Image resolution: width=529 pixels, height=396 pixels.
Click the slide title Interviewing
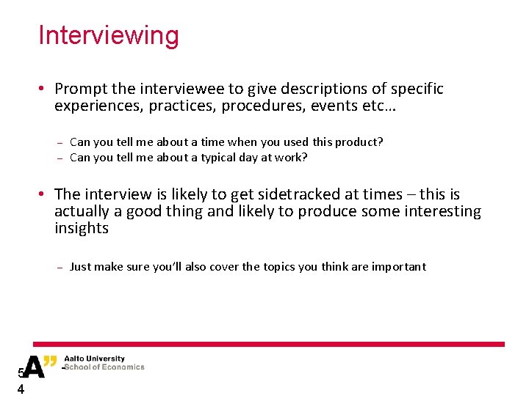108,35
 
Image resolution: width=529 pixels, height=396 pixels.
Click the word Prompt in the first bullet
81,89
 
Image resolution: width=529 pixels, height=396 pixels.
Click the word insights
81,228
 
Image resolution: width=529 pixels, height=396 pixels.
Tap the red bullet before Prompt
43,89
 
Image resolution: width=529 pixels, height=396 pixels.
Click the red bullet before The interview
43,194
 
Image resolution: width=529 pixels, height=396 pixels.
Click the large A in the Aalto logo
34,366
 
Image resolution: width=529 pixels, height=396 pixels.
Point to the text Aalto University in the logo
94,359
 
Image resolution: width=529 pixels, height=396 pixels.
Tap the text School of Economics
104,367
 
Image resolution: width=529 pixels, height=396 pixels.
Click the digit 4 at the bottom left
21,389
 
